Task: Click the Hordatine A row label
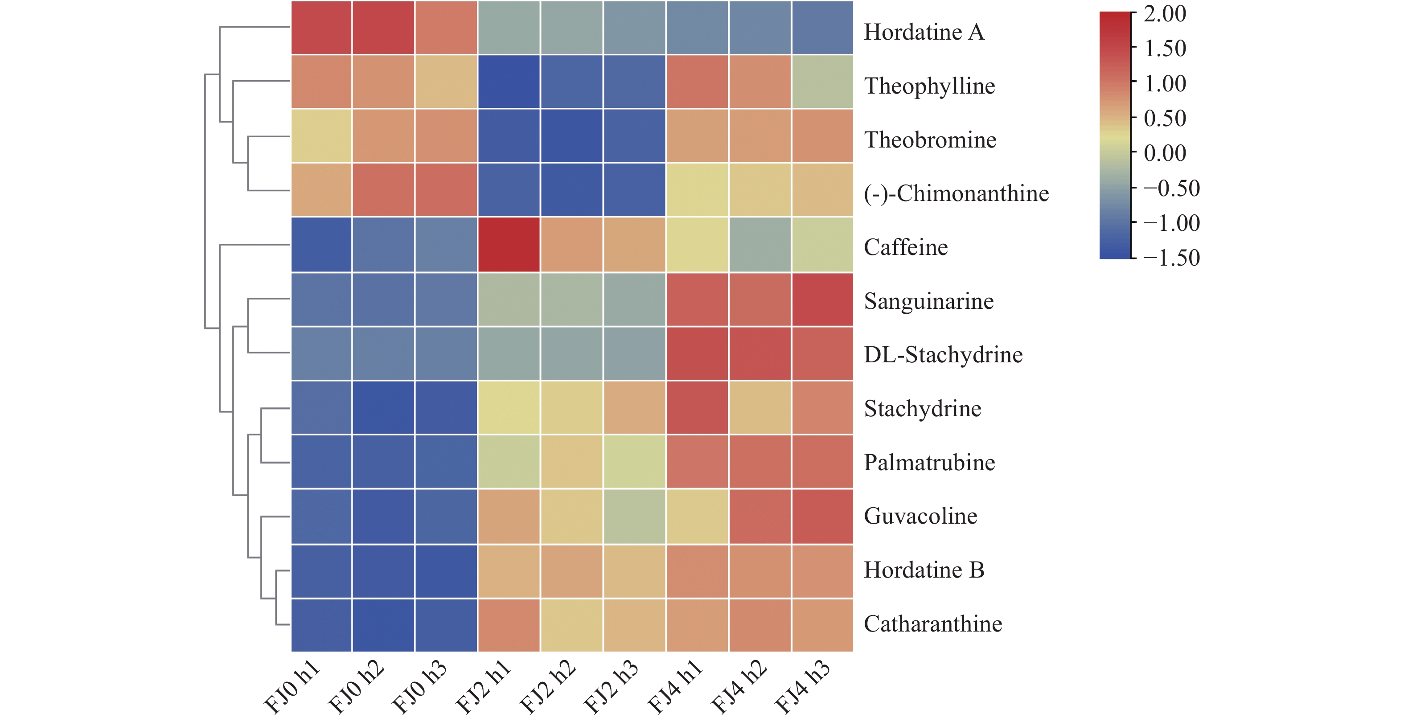(x=924, y=32)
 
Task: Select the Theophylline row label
(x=929, y=86)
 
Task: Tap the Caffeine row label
(x=906, y=247)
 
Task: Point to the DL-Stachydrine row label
(x=943, y=355)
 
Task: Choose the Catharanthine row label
(x=932, y=624)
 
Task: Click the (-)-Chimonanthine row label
(x=956, y=193)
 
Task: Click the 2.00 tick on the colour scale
(x=1164, y=14)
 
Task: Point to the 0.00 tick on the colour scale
(x=1164, y=153)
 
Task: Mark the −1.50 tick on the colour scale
(x=1171, y=258)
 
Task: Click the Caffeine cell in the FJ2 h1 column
(x=509, y=245)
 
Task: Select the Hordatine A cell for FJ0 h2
(x=383, y=28)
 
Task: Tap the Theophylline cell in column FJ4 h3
(x=822, y=82)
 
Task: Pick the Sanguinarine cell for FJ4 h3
(x=822, y=299)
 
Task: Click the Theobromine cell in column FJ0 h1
(x=321, y=135)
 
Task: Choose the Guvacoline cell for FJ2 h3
(x=634, y=517)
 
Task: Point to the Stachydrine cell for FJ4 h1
(x=697, y=408)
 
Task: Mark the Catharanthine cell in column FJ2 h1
(x=509, y=625)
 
